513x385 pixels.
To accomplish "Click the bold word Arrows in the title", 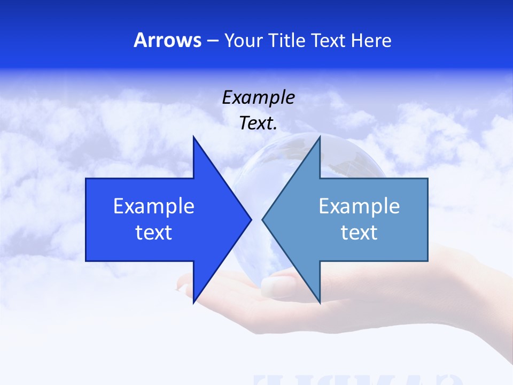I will point(167,40).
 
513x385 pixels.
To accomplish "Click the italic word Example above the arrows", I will point(258,97).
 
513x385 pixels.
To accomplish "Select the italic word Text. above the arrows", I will point(258,124).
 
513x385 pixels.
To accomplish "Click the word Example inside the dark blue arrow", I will point(154,206).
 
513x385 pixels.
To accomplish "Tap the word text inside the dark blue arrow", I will point(154,233).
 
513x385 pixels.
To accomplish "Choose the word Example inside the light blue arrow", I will point(359,206).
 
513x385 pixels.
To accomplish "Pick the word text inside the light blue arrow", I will point(359,233).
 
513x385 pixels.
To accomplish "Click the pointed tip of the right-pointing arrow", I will point(251,219).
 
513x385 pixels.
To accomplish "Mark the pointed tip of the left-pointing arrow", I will point(263,219).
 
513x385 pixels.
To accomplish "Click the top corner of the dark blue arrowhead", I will point(193,137).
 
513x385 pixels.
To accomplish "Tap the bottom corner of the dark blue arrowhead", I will point(193,303).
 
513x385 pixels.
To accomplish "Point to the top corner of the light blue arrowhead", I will point(320,137).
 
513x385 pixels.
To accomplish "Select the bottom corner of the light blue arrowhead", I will point(320,303).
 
